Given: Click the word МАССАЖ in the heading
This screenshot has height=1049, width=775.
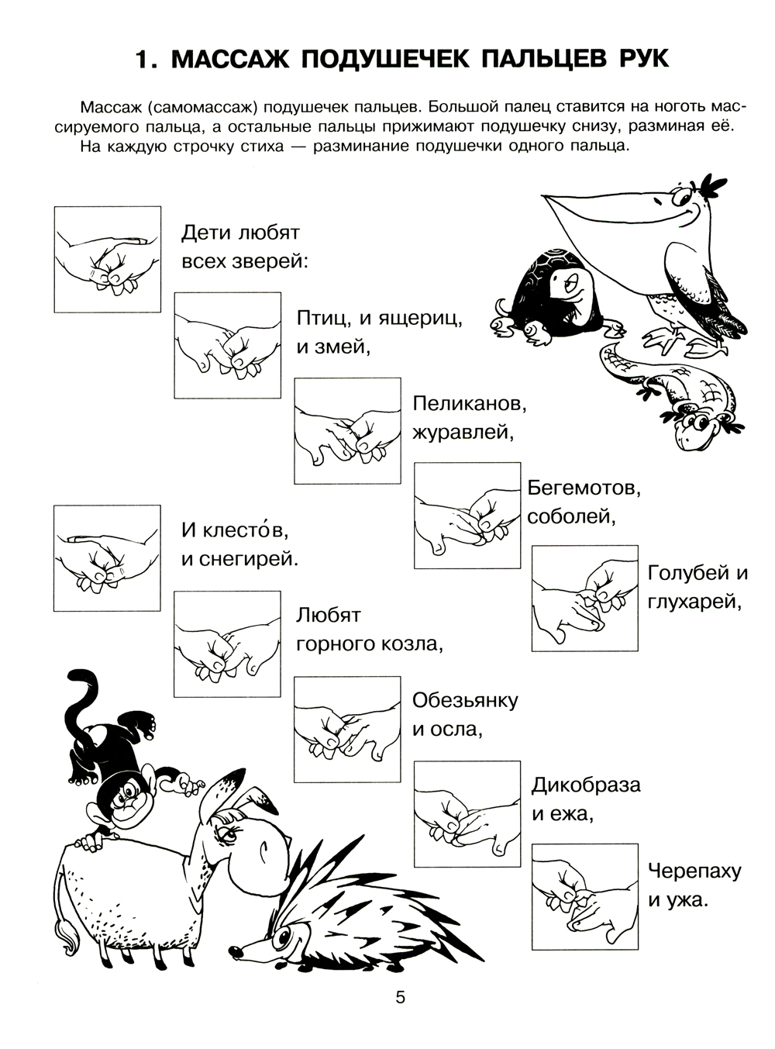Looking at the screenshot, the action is coord(230,59).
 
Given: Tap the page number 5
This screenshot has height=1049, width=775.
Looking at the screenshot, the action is coord(401,999).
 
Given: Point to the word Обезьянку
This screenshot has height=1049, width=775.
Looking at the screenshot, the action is coord(465,700).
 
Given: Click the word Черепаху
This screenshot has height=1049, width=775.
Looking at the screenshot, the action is coord(694,871).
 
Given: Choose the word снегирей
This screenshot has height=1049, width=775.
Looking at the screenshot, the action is coord(249,560).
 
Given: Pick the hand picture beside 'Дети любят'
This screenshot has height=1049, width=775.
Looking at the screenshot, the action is coord(107,259).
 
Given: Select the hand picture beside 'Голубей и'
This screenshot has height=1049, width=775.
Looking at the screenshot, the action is coord(584,599).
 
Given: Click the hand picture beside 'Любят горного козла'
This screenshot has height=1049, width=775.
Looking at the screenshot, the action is coord(227,644).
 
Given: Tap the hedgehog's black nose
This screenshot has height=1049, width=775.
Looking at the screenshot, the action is coord(235,951).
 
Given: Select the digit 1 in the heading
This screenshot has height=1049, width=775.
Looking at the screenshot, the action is coord(141,60).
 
